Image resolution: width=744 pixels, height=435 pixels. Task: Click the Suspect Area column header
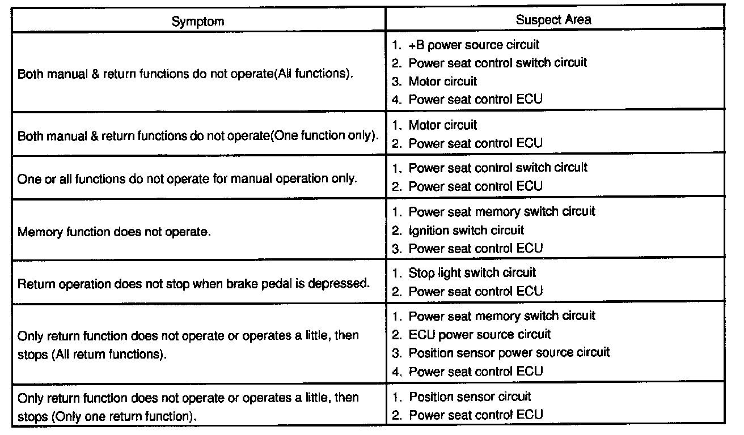click(x=553, y=20)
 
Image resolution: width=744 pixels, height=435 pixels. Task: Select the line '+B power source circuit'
click(x=474, y=44)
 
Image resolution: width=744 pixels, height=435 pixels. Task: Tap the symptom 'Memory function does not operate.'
click(x=114, y=232)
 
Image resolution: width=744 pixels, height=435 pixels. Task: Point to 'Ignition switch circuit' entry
click(x=466, y=230)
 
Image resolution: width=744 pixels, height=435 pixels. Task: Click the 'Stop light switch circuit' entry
click(x=472, y=272)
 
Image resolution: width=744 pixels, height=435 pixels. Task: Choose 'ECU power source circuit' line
click(x=479, y=334)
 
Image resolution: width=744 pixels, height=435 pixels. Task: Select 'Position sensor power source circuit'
click(x=509, y=352)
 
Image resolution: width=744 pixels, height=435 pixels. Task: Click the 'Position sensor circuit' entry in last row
click(x=470, y=396)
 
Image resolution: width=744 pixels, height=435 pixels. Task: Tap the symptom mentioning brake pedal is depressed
click(x=193, y=283)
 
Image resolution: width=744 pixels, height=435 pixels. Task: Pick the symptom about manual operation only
click(x=187, y=179)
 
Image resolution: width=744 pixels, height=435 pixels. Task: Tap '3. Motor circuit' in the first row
click(x=442, y=81)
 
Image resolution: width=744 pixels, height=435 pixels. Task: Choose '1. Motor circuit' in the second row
click(x=442, y=125)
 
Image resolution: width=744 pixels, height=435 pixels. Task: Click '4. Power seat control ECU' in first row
click(x=475, y=99)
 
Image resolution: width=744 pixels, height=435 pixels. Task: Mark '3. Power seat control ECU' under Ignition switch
click(x=475, y=248)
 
